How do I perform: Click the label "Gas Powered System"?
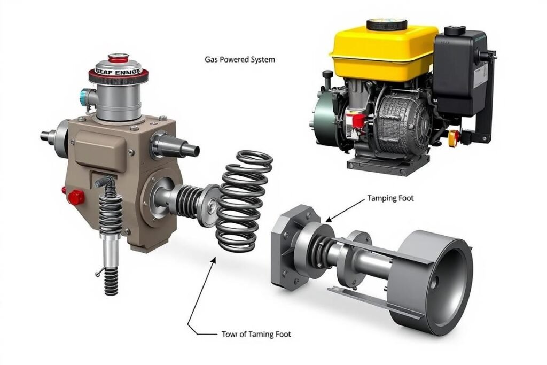(240, 60)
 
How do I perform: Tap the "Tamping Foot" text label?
(390, 198)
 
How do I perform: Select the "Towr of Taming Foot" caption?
(256, 334)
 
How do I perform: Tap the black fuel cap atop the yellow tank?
(387, 25)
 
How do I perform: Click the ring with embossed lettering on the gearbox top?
(118, 71)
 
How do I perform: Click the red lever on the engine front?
(355, 121)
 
